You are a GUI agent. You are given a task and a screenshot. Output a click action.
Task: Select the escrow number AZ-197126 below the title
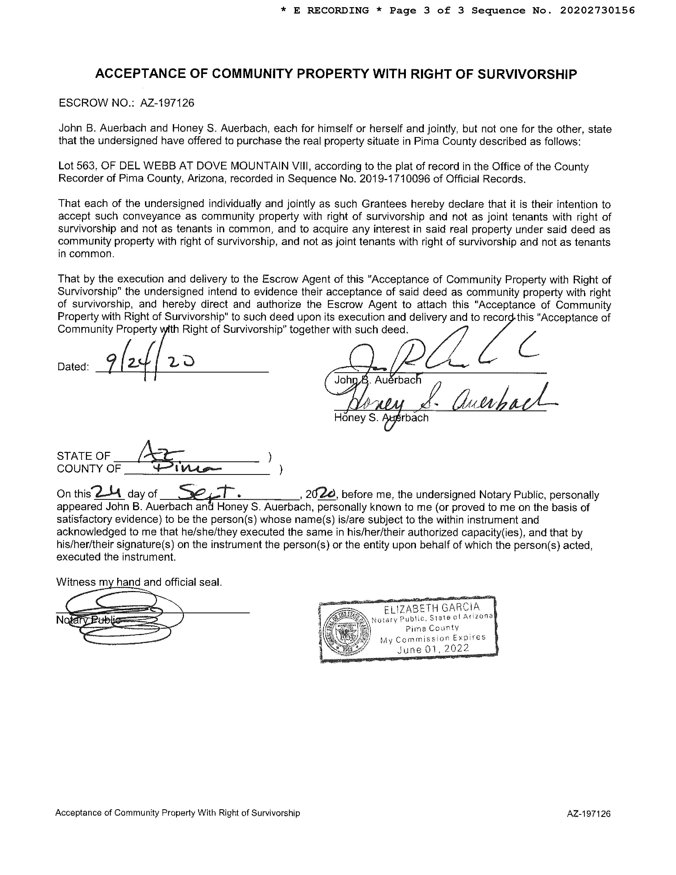coord(167,103)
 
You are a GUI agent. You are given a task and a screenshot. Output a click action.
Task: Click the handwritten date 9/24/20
coord(148,361)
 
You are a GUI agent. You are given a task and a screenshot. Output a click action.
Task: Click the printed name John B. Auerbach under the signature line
coord(378,380)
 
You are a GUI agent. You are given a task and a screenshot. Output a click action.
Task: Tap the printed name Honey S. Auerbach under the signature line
coord(381,418)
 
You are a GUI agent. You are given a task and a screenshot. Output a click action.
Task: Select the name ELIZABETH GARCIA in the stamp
coord(431,608)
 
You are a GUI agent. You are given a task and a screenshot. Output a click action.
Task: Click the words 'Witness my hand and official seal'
coord(139,582)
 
